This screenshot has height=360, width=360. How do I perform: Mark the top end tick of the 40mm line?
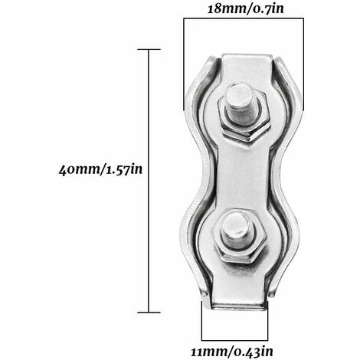(147, 49)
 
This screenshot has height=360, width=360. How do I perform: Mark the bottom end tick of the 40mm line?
(147, 313)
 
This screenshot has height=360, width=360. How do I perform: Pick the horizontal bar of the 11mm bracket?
(235, 338)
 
